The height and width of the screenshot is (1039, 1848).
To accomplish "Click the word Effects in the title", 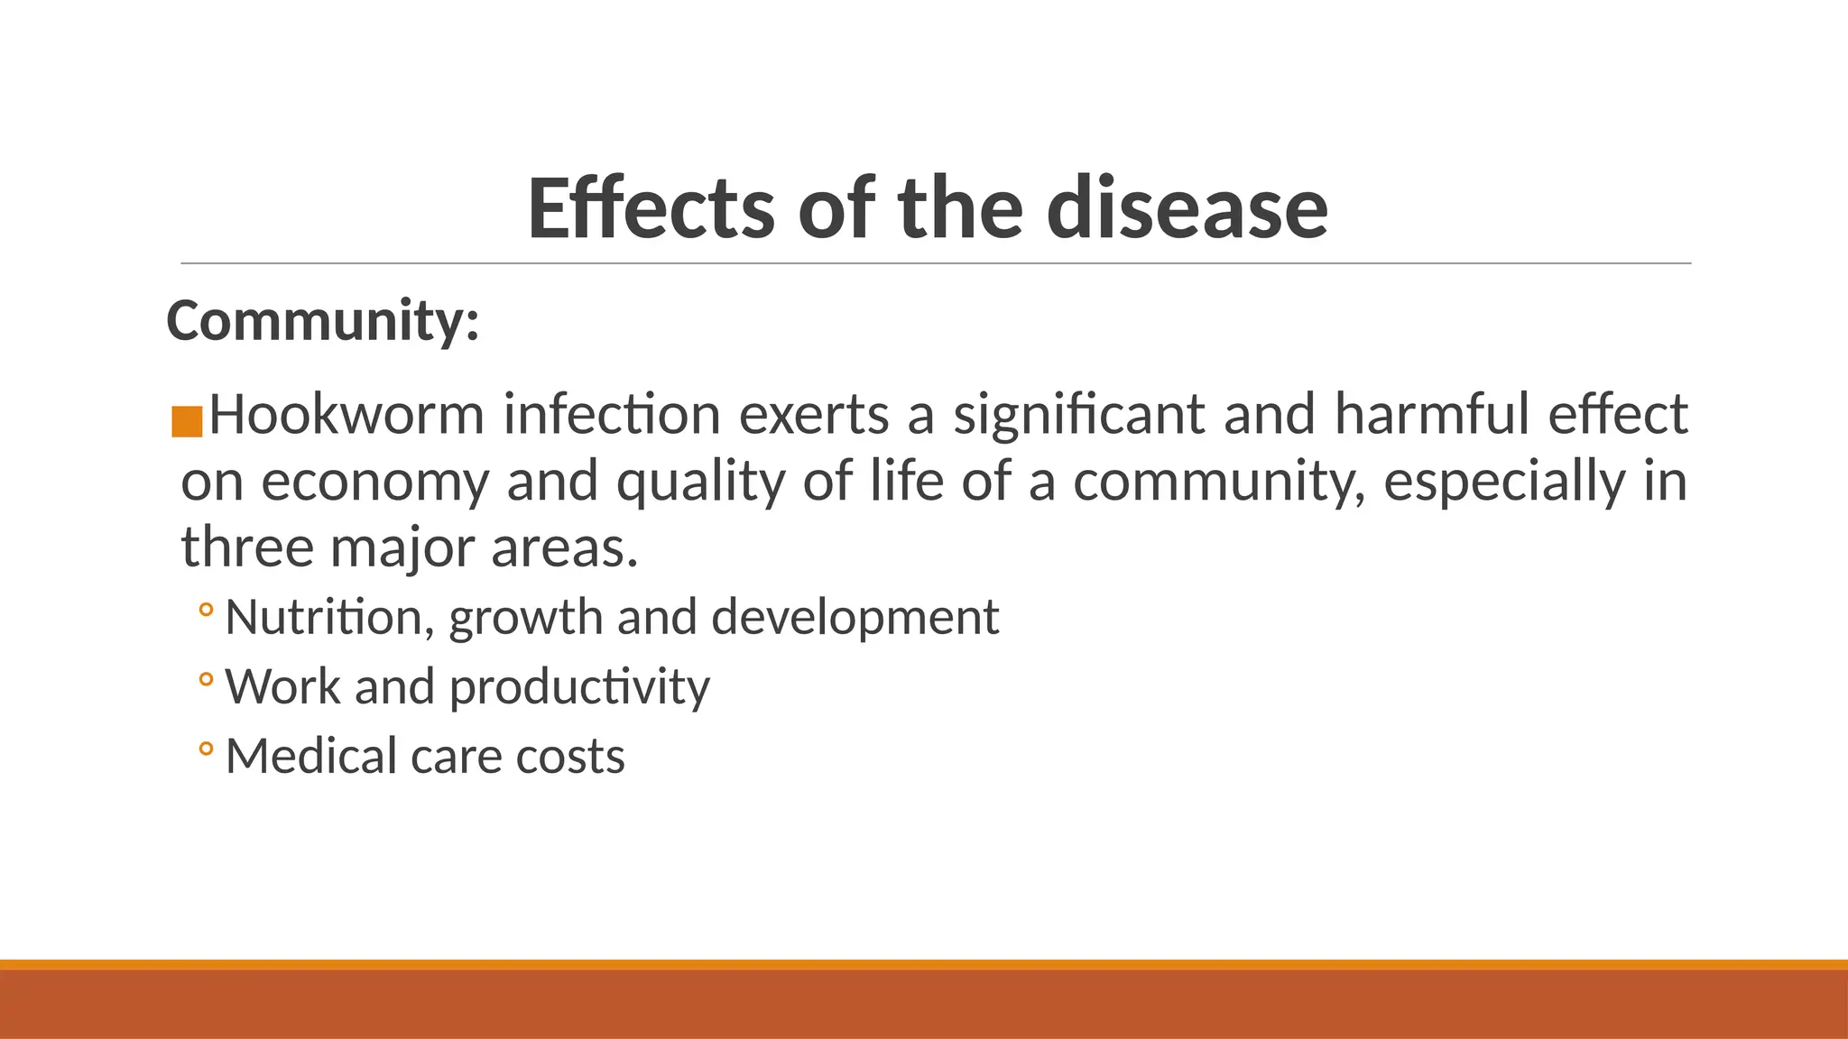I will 651,209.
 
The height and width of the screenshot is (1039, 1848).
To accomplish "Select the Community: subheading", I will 322,321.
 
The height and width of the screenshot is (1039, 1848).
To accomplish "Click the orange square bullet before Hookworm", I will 187,422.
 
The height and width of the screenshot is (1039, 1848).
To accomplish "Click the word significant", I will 1078,415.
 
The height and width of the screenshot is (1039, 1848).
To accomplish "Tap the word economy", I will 374,482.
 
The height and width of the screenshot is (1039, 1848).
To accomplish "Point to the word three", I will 246,547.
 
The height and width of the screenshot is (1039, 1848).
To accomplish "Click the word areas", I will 564,547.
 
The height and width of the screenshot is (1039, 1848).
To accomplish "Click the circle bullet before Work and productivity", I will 206,679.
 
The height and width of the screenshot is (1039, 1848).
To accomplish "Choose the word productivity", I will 579,687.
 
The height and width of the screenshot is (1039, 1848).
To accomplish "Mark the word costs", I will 569,756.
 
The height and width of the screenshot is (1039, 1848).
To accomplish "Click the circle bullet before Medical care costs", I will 206,749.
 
